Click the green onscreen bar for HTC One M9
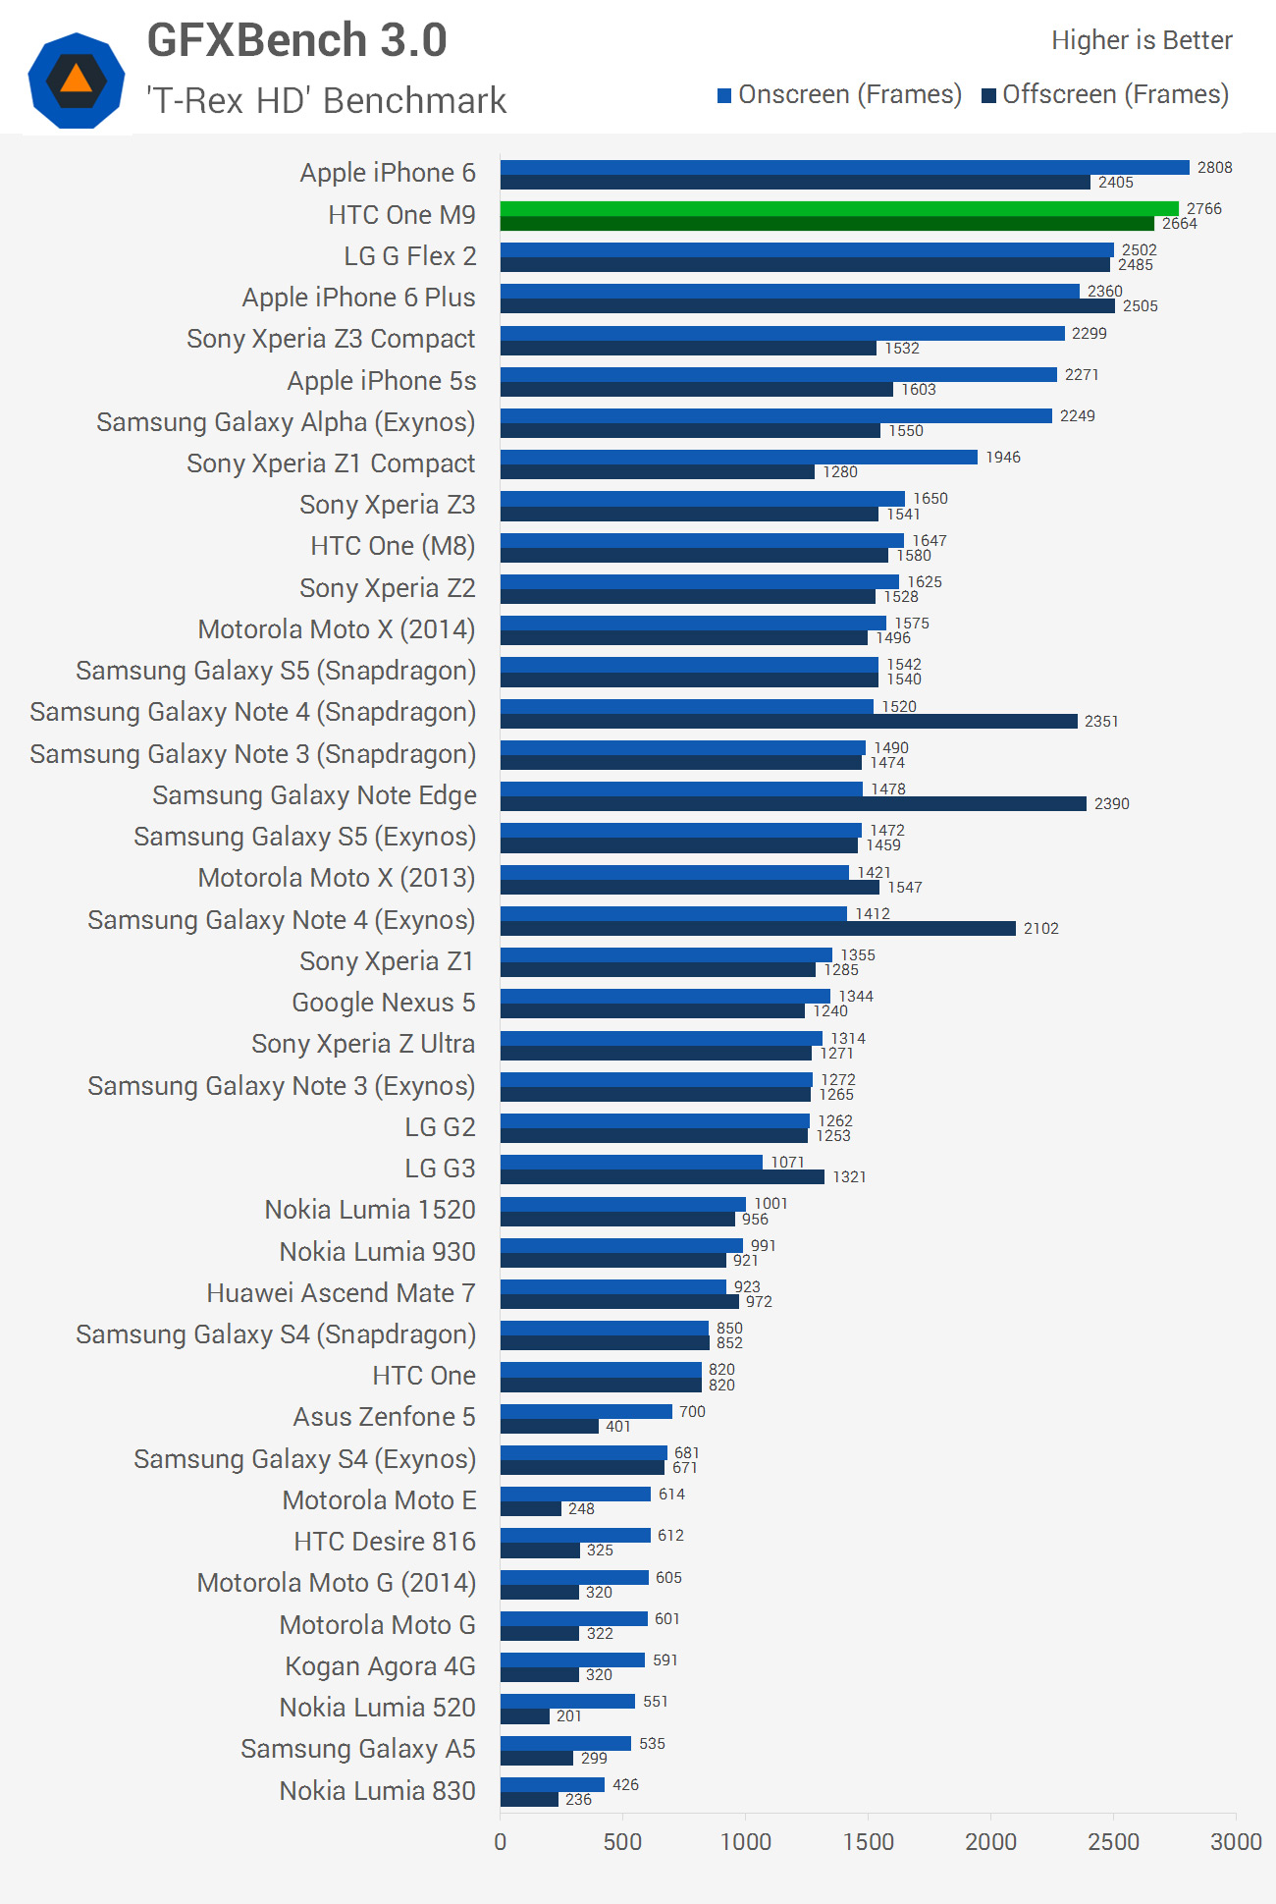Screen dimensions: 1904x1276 (x=839, y=208)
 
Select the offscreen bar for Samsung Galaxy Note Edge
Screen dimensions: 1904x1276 (x=793, y=803)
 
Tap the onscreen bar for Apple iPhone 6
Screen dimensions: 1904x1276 (x=844, y=167)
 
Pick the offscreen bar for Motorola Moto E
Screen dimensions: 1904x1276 (x=531, y=1508)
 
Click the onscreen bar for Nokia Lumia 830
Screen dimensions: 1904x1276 (x=553, y=1784)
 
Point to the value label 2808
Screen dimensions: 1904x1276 (x=1214, y=167)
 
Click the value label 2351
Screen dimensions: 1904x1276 (x=1101, y=721)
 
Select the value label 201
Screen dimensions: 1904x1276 (x=569, y=1715)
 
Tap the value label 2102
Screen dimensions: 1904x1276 (x=1040, y=928)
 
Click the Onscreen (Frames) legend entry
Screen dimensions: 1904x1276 (x=839, y=94)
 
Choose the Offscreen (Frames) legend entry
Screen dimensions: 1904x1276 (x=1105, y=94)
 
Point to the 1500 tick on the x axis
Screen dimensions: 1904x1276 (x=868, y=1841)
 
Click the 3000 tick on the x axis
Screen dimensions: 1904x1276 (x=1235, y=1841)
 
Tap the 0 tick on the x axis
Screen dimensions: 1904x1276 (x=501, y=1841)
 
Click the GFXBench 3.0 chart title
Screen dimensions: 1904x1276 (x=296, y=40)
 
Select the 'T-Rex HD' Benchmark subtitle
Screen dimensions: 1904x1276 (x=326, y=100)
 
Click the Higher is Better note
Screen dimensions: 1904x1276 (x=1142, y=40)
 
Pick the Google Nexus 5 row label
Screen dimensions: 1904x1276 (x=383, y=1003)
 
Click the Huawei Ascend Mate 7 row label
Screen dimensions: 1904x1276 (x=341, y=1293)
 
